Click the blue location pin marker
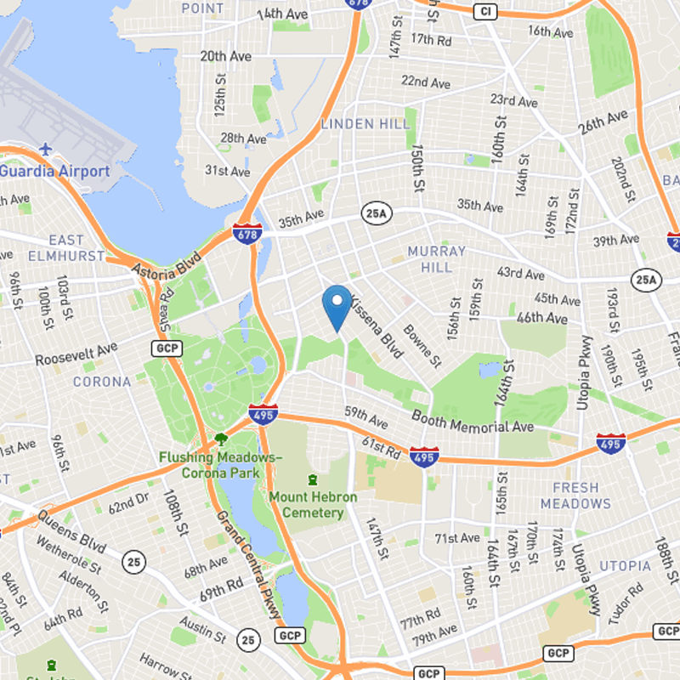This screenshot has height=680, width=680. [337, 305]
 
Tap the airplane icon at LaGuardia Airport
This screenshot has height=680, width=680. [44, 150]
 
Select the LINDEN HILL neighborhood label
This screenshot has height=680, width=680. [365, 124]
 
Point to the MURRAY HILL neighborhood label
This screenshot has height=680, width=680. [436, 259]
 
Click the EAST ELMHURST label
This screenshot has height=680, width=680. [66, 248]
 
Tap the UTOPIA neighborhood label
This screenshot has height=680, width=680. [625, 566]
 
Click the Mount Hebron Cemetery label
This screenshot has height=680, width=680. [313, 504]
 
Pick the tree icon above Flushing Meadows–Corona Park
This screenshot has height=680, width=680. [221, 439]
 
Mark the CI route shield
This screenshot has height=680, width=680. [484, 11]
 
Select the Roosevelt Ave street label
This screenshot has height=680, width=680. [76, 354]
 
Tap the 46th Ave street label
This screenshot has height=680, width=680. [541, 318]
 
